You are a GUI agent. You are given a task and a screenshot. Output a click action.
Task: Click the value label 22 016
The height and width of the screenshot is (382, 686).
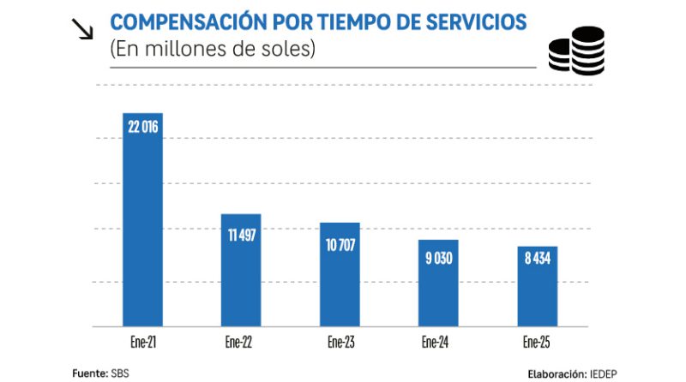tap(143, 127)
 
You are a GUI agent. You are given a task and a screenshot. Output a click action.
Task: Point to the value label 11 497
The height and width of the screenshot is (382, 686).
tap(242, 235)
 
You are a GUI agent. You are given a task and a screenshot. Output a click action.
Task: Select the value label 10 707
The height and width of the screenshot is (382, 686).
tap(340, 245)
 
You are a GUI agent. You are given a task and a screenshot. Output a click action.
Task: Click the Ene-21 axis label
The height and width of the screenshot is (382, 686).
tap(143, 342)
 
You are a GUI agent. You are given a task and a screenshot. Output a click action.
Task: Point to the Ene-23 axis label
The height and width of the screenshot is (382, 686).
tap(341, 342)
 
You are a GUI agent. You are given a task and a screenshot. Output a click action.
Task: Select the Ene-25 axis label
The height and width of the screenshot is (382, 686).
tap(539, 342)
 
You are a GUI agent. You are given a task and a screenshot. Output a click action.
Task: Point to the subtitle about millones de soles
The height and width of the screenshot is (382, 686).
tap(213, 49)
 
